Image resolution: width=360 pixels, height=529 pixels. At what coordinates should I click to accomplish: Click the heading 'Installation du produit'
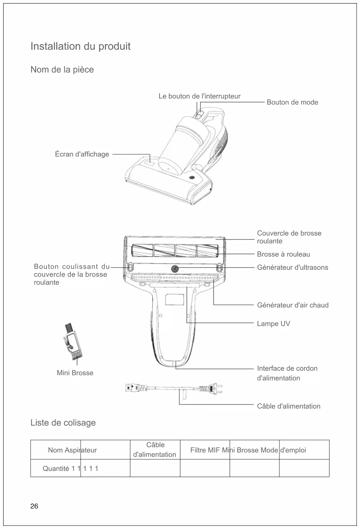click(80, 46)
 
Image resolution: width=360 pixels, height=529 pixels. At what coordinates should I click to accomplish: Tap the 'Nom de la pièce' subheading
click(62, 69)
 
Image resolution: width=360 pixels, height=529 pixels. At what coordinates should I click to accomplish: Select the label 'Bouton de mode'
click(292, 102)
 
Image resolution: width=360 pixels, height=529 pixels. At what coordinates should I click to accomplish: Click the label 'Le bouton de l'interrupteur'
click(199, 96)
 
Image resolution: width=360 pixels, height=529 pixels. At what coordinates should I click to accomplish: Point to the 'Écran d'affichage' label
click(82, 154)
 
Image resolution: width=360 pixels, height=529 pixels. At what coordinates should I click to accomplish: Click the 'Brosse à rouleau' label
click(283, 254)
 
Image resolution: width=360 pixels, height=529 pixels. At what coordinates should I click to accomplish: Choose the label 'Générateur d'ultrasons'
click(292, 267)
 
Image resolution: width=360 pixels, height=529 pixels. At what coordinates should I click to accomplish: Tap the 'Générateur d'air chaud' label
click(292, 305)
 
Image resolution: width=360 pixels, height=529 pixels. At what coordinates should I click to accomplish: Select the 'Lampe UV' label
click(273, 324)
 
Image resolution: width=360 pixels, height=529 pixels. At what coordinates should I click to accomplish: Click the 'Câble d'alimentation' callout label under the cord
click(288, 406)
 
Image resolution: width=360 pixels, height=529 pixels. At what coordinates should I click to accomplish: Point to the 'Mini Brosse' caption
click(75, 373)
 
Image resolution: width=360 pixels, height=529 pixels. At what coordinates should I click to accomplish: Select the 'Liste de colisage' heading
click(63, 423)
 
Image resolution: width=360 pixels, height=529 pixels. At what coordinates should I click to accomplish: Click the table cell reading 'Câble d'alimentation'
click(155, 450)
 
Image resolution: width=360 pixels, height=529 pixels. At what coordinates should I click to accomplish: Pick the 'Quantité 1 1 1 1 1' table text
click(70, 469)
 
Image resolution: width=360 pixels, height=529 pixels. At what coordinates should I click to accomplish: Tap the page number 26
click(34, 506)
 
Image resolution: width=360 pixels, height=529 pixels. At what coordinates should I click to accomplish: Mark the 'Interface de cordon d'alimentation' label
click(287, 373)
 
